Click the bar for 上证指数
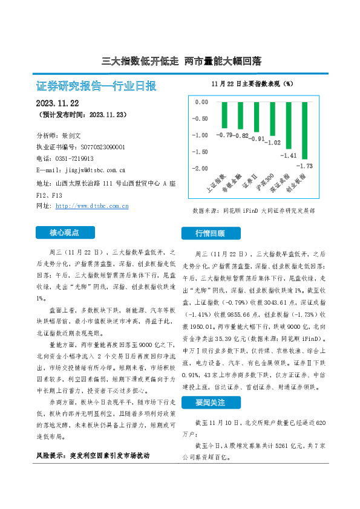pos(225,115)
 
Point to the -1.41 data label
pos(289,155)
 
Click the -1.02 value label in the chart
pos(273,143)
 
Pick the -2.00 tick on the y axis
pos(201,168)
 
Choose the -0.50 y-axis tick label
pos(201,118)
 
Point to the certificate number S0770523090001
pos(102,147)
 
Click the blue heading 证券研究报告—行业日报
pos(96,85)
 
